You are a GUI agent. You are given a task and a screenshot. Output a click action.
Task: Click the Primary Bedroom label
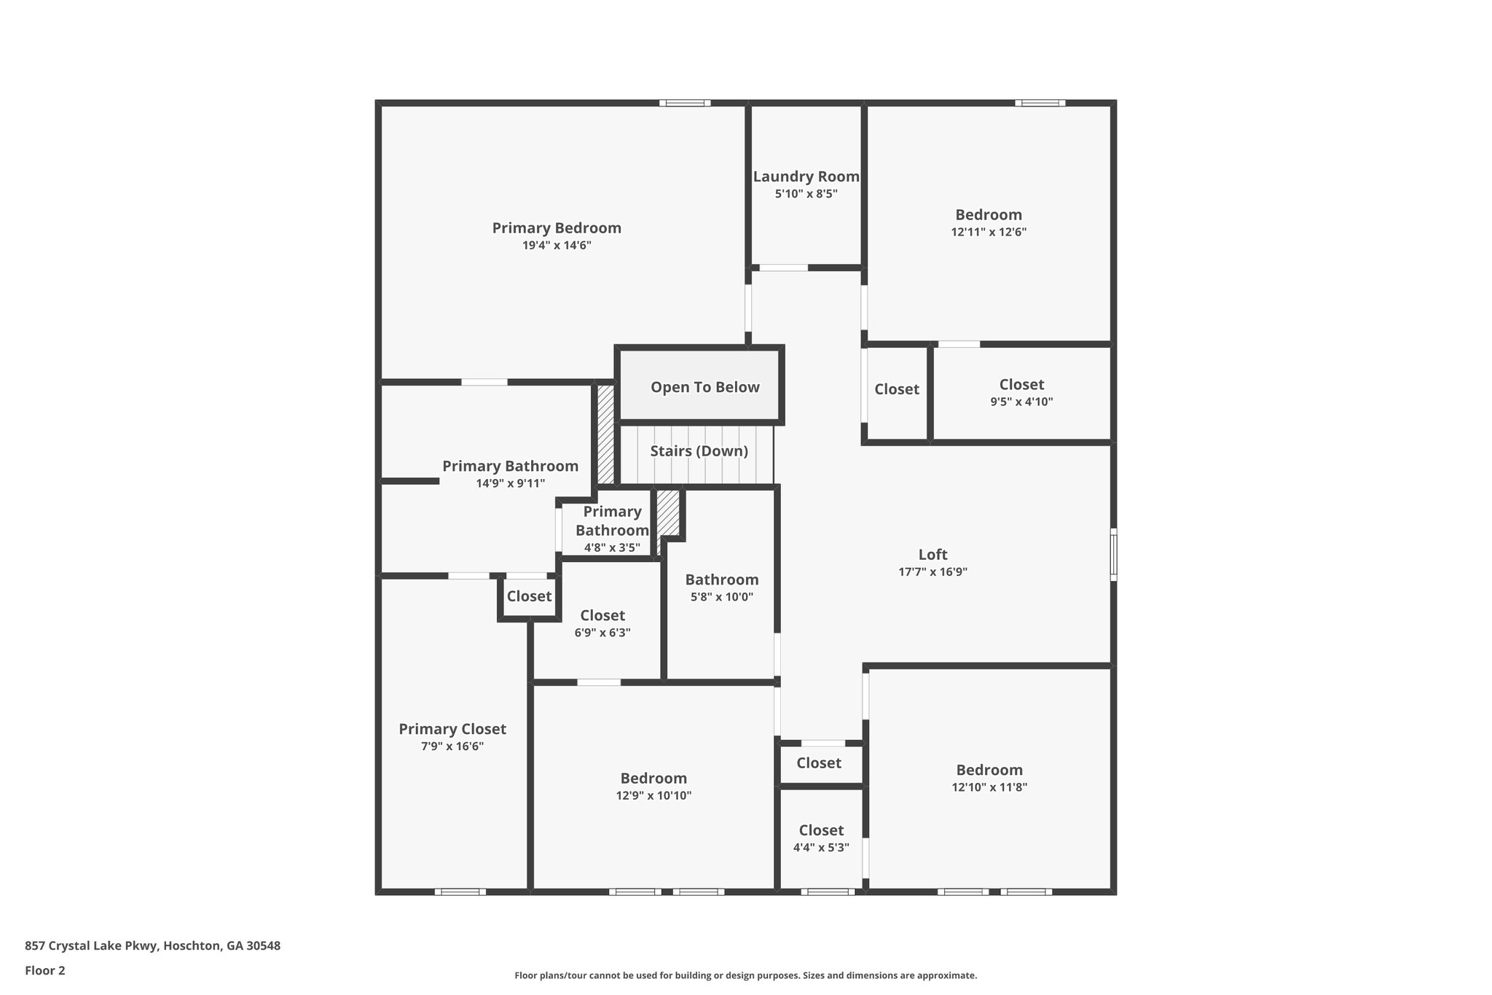557,228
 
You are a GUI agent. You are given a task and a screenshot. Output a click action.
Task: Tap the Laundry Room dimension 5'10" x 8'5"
806,194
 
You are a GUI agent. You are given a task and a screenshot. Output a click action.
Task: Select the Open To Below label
704,387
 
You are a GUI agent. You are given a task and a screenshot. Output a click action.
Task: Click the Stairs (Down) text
699,451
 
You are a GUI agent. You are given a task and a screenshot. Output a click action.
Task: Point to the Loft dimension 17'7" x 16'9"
932,572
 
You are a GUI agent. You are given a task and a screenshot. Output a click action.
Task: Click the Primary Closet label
452,729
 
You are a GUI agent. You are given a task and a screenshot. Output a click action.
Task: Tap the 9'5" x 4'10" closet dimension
1021,402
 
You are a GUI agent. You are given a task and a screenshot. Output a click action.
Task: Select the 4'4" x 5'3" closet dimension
821,848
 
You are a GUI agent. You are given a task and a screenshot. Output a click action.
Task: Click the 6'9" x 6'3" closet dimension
602,633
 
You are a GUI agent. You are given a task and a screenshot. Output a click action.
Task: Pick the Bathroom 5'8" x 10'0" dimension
721,597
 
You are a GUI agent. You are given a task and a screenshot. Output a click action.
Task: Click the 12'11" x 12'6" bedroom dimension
989,233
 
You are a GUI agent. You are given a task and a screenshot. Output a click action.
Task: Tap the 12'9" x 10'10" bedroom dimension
653,796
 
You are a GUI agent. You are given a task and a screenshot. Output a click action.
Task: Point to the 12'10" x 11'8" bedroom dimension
989,787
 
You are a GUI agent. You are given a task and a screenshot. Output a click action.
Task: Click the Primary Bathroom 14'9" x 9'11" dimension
510,483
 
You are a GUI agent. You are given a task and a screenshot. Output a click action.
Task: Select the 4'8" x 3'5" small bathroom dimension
612,547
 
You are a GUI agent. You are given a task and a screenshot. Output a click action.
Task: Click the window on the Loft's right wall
1113,555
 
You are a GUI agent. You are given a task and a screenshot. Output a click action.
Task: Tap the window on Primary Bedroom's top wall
685,103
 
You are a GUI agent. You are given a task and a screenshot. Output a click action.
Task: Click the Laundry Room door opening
783,268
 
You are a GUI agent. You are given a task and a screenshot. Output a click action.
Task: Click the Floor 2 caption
44,970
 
